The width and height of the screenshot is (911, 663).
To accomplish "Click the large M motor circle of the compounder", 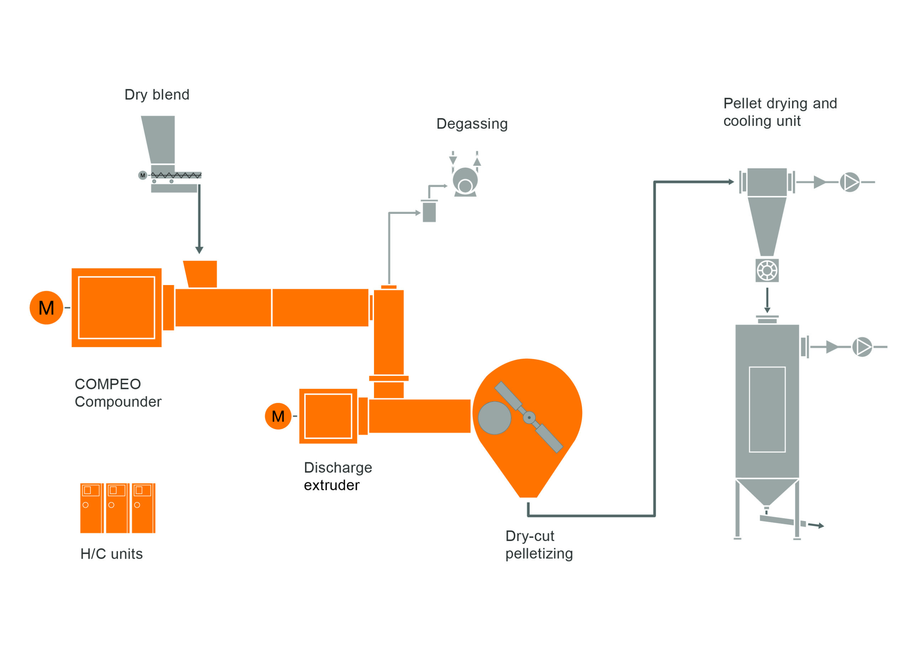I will click(46, 307).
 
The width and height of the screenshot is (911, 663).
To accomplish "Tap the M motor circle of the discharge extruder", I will click(278, 416).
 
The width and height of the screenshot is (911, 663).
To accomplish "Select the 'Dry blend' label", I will click(157, 95).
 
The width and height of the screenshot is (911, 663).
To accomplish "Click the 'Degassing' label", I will click(472, 124).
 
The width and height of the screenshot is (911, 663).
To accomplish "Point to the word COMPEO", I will click(108, 384).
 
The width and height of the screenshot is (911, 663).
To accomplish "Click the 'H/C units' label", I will click(111, 554).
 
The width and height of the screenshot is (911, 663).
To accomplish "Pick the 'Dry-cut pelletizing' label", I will click(539, 545).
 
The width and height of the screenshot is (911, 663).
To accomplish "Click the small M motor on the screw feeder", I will click(143, 175).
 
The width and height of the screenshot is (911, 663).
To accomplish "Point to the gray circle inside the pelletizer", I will click(494, 418).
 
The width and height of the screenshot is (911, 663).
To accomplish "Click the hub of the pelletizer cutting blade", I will click(529, 418).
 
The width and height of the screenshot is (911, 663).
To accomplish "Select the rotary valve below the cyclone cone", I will click(767, 270).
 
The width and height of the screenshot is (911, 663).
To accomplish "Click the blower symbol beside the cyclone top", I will click(849, 182).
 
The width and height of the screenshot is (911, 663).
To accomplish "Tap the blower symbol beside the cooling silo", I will click(862, 347).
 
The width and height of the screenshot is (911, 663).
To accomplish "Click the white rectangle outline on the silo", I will click(767, 410).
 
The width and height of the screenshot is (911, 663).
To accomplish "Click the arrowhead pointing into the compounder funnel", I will click(199, 250).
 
